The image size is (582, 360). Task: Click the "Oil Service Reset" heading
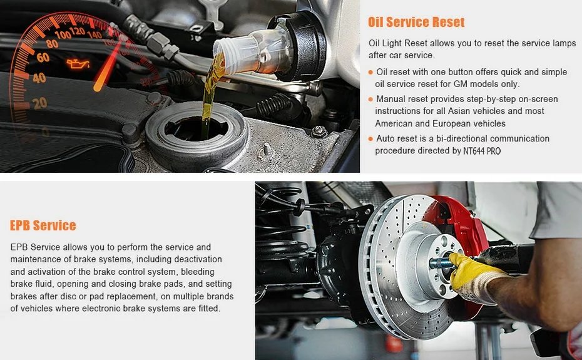click(416, 23)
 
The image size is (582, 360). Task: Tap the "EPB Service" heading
click(43, 225)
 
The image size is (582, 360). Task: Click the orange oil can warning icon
click(78, 64)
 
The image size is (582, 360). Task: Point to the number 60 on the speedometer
click(43, 57)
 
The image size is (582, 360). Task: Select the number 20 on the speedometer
click(39, 103)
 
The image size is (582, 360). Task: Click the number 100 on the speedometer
click(63, 35)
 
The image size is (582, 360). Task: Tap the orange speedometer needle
click(107, 65)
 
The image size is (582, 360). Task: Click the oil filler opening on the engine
click(196, 128)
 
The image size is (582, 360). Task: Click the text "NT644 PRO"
click(482, 151)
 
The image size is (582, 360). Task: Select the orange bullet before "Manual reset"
click(370, 99)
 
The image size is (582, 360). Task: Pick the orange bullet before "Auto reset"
click(370, 139)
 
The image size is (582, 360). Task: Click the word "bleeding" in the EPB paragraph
click(198, 272)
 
